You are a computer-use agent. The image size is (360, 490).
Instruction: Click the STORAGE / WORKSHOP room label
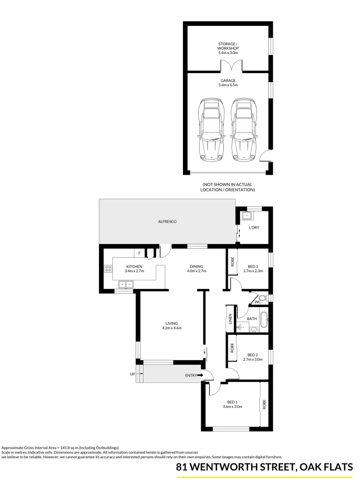pyautogui.click(x=228, y=48)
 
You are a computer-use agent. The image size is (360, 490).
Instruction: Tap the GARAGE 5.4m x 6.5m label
pyautogui.click(x=228, y=83)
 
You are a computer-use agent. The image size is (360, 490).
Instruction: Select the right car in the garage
pyautogui.click(x=243, y=130)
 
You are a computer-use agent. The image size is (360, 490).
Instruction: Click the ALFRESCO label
pyautogui.click(x=168, y=221)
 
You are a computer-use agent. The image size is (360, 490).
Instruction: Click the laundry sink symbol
pyautogui.click(x=247, y=216)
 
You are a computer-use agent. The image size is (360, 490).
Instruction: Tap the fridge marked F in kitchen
pyautogui.click(x=139, y=253)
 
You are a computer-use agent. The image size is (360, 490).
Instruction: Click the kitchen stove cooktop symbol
pyautogui.click(x=108, y=269)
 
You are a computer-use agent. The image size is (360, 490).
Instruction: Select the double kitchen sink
pyautogui.click(x=126, y=284)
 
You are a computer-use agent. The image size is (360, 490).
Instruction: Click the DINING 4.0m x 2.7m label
pyautogui.click(x=197, y=269)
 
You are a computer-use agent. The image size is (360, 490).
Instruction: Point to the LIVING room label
pyautogui.click(x=171, y=326)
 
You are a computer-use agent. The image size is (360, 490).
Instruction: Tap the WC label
pyautogui.click(x=257, y=301)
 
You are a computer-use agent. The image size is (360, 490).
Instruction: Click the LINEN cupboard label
pyautogui.click(x=231, y=319)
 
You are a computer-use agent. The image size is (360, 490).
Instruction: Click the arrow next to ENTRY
pyautogui.click(x=200, y=375)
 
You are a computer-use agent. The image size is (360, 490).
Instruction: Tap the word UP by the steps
pyautogui.click(x=132, y=374)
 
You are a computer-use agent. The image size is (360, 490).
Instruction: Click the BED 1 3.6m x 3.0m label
pyautogui.click(x=232, y=404)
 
